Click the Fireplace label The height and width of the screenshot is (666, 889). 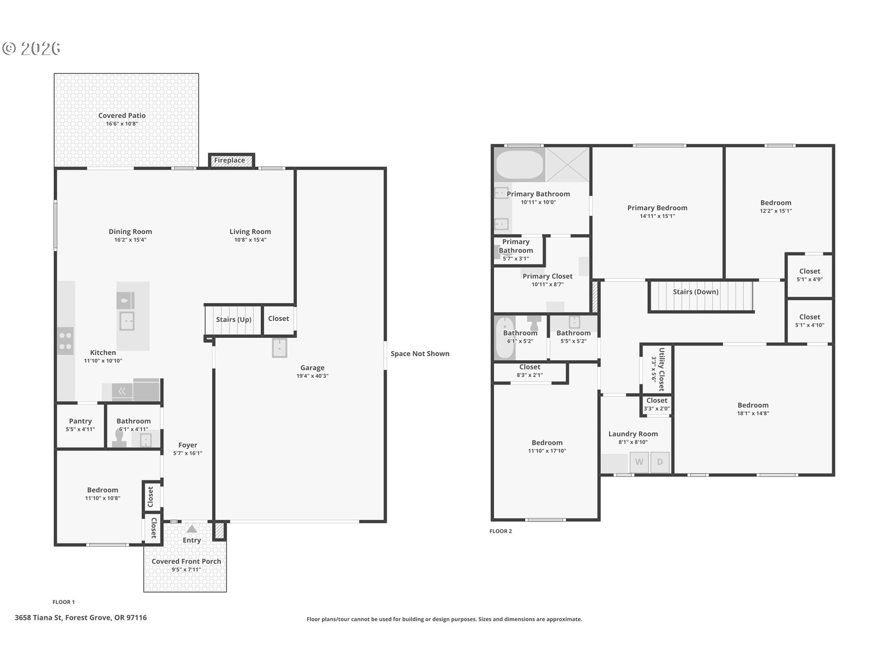point(229,160)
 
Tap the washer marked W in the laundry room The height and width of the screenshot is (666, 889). point(639,462)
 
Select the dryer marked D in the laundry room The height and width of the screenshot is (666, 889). point(660,462)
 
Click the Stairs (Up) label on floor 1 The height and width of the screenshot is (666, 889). point(234,320)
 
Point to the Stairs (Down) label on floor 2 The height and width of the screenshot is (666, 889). point(695,292)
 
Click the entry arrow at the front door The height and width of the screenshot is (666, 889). point(192,529)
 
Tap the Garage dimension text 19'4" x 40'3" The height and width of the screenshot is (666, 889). point(313,376)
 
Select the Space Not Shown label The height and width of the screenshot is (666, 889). point(420,354)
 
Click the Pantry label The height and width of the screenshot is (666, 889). point(81,421)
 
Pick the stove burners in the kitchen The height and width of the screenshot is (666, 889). point(65,341)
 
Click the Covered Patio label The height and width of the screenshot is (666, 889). point(122,116)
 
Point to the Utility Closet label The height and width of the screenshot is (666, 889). point(662,369)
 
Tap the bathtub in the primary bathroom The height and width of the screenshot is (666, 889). point(520,165)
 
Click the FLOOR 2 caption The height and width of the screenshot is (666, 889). point(501,531)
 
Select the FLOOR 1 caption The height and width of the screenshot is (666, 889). point(63,602)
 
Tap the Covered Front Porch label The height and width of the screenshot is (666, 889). point(186,561)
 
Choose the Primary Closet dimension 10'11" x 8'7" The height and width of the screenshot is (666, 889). point(548,284)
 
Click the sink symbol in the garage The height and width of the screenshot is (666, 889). point(279,348)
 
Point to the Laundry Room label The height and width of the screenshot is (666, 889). point(633,434)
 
